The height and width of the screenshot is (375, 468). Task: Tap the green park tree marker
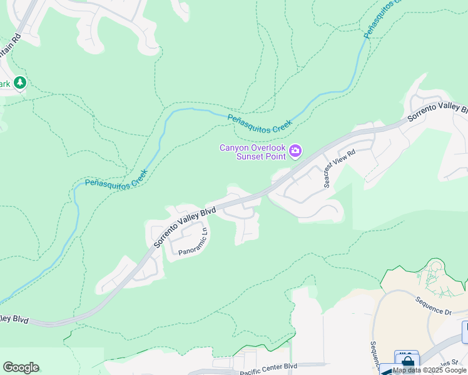coord(20,82)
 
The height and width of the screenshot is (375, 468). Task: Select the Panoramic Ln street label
coord(193,242)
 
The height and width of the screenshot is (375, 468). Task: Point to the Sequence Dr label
coord(433,306)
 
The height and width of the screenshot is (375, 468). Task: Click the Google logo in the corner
coord(21,367)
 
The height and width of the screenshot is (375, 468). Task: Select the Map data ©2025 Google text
coord(430,370)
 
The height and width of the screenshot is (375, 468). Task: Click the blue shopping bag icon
coord(407,362)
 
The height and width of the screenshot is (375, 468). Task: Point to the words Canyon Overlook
coord(252,147)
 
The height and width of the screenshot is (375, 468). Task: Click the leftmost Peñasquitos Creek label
coord(116,179)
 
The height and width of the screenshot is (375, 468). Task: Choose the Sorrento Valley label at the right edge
coord(437,111)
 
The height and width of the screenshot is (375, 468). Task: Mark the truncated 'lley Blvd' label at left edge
coord(14,319)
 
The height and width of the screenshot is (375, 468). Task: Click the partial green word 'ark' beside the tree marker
coord(5,84)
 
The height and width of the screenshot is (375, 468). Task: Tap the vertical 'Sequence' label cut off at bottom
coord(374,353)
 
